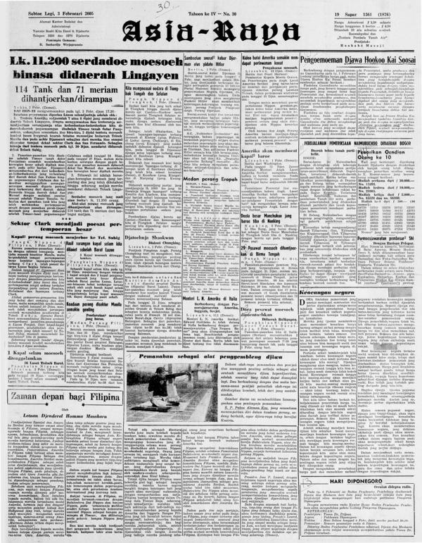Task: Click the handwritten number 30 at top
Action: click(165, 6)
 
